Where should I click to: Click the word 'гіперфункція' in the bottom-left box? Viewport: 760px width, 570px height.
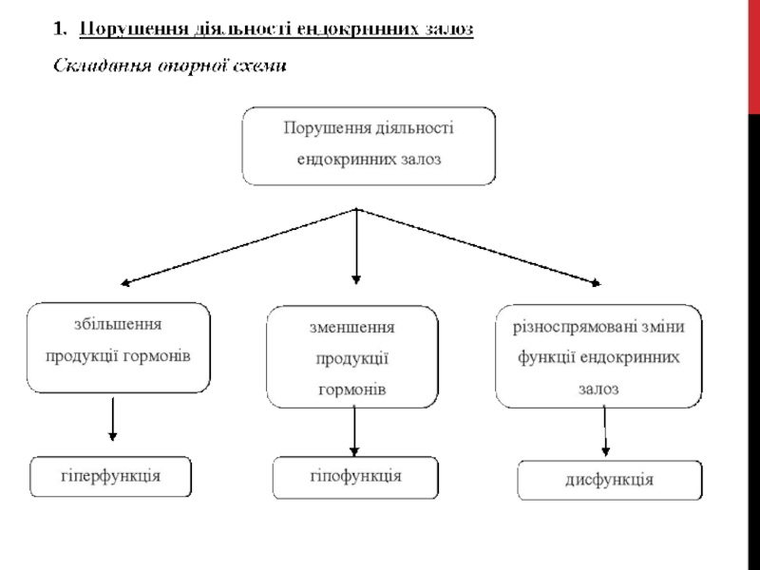tap(112, 474)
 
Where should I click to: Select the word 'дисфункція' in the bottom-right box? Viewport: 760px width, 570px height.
tap(610, 480)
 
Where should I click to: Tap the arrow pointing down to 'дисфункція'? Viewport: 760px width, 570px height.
tap(605, 429)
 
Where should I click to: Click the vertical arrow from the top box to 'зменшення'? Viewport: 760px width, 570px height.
tap(356, 246)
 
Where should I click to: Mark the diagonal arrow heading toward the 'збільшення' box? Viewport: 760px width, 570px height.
tap(237, 246)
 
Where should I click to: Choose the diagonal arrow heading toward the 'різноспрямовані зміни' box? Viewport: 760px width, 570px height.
tap(480, 246)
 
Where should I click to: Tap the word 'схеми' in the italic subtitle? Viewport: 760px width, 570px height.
tap(261, 66)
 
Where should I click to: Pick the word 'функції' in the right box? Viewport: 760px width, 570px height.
tap(544, 358)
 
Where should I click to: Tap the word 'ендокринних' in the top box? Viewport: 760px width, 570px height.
tap(339, 160)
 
